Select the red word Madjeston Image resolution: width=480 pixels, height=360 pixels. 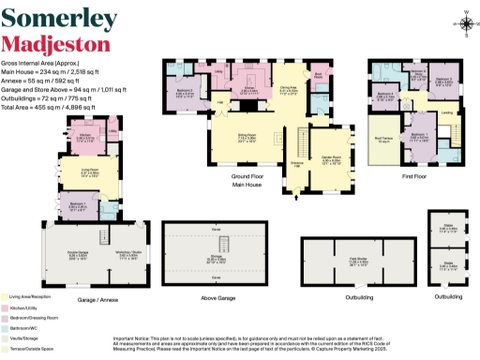point(46,44)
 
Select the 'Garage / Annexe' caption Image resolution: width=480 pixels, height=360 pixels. point(97,274)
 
